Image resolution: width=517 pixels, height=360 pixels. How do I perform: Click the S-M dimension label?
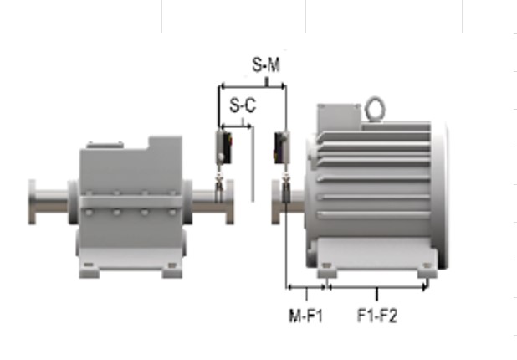[x=266, y=64]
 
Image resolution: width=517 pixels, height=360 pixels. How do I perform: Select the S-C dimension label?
[x=243, y=105]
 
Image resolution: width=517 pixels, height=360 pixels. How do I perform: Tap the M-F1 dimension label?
[x=305, y=316]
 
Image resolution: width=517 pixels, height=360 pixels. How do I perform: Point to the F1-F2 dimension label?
[x=377, y=315]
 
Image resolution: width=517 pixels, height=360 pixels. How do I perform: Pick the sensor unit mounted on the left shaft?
[x=223, y=147]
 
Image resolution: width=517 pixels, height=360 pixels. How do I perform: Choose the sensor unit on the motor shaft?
[x=282, y=147]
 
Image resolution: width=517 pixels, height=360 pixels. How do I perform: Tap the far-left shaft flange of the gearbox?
[x=32, y=202]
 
